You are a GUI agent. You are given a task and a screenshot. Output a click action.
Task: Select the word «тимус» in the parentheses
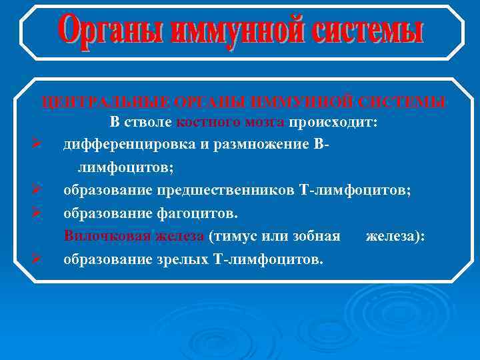click(235, 236)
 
